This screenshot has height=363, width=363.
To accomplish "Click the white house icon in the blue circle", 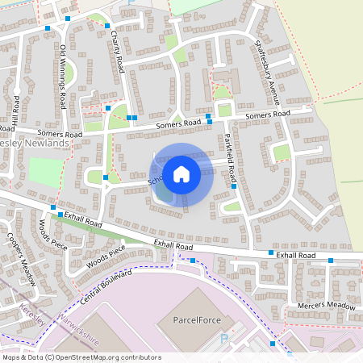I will pos(181,173).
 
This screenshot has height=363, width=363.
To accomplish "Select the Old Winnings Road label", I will pos(63,77).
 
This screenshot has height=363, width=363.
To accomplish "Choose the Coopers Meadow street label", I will pos(22,260).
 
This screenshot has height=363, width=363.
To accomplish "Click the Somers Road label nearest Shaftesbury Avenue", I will pos(267,116).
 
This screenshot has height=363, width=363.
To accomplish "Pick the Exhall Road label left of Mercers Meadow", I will pos(297,254).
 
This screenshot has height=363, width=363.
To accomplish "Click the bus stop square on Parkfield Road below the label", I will pos(234,186).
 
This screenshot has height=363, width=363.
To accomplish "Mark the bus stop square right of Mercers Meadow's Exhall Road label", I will pos(331,260).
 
